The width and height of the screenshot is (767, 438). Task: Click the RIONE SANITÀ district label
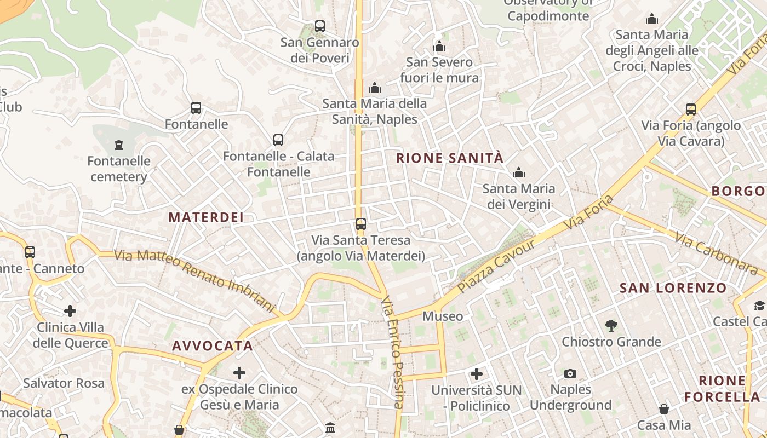click(x=449, y=158)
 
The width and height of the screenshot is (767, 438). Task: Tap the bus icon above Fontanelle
click(x=196, y=108)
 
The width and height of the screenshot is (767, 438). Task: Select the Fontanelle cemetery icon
click(x=119, y=145)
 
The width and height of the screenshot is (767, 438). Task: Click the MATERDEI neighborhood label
click(x=206, y=217)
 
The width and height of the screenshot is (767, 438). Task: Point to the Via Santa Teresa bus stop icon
click(x=360, y=223)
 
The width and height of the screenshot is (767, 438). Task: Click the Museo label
click(x=443, y=316)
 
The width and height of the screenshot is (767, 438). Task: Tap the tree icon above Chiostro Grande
click(x=611, y=326)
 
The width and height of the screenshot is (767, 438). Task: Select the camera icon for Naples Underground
click(x=570, y=373)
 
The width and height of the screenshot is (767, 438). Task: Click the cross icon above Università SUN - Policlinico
click(x=477, y=374)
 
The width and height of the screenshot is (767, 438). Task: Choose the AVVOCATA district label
click(x=213, y=346)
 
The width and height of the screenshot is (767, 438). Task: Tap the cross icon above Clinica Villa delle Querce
click(x=70, y=311)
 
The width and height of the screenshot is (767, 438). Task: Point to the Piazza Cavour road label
click(x=496, y=266)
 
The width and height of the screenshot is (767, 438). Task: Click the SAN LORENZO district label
click(x=673, y=288)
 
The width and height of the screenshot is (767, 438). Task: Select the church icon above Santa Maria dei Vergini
click(x=518, y=173)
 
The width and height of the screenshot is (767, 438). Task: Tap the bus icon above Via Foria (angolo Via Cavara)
click(x=690, y=109)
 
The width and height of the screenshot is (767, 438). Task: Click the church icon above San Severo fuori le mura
click(x=439, y=46)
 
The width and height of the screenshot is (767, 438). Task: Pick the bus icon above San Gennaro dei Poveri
click(x=320, y=26)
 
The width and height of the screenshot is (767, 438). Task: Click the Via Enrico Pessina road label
click(x=393, y=353)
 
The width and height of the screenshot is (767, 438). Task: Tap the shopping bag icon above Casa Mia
click(x=663, y=409)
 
